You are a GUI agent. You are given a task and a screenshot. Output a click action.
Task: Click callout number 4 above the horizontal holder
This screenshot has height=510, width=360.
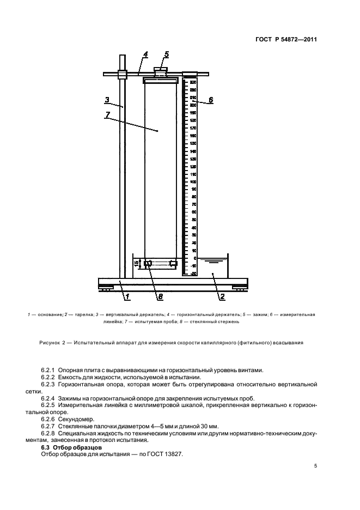coord(146,54)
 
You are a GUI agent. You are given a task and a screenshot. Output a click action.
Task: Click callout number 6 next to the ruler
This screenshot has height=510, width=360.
coord(211,100)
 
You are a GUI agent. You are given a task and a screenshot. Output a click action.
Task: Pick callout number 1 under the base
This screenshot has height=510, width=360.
coord(127,296)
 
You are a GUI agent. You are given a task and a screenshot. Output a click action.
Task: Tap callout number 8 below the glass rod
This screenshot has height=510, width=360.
coord(160,296)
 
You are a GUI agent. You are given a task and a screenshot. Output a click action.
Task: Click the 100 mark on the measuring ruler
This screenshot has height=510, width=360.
coord(193,181)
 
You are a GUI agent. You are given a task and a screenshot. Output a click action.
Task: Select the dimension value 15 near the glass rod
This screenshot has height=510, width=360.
coord(136,264)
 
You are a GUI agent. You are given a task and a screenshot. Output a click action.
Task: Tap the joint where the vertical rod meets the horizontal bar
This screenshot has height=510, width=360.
coord(122,74)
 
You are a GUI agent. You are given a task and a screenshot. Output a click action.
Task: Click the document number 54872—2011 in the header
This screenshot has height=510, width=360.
coord(295,39)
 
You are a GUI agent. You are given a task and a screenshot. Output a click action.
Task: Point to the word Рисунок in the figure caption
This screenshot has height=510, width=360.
coord(51,343)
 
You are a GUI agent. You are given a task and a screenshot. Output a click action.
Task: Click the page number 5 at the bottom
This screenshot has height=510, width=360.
coord(315,466)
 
